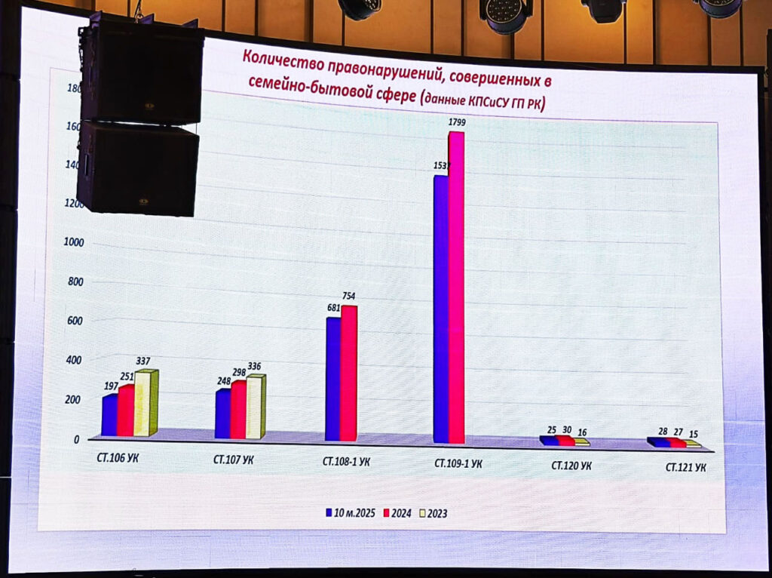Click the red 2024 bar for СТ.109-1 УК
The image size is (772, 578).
click(456, 287)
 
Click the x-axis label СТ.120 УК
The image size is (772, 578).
click(571, 466)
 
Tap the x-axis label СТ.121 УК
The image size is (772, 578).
click(685, 468)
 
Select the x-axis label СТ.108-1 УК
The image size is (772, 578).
click(345, 461)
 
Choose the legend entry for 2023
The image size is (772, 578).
click(436, 514)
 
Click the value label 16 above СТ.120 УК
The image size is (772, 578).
click(581, 432)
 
